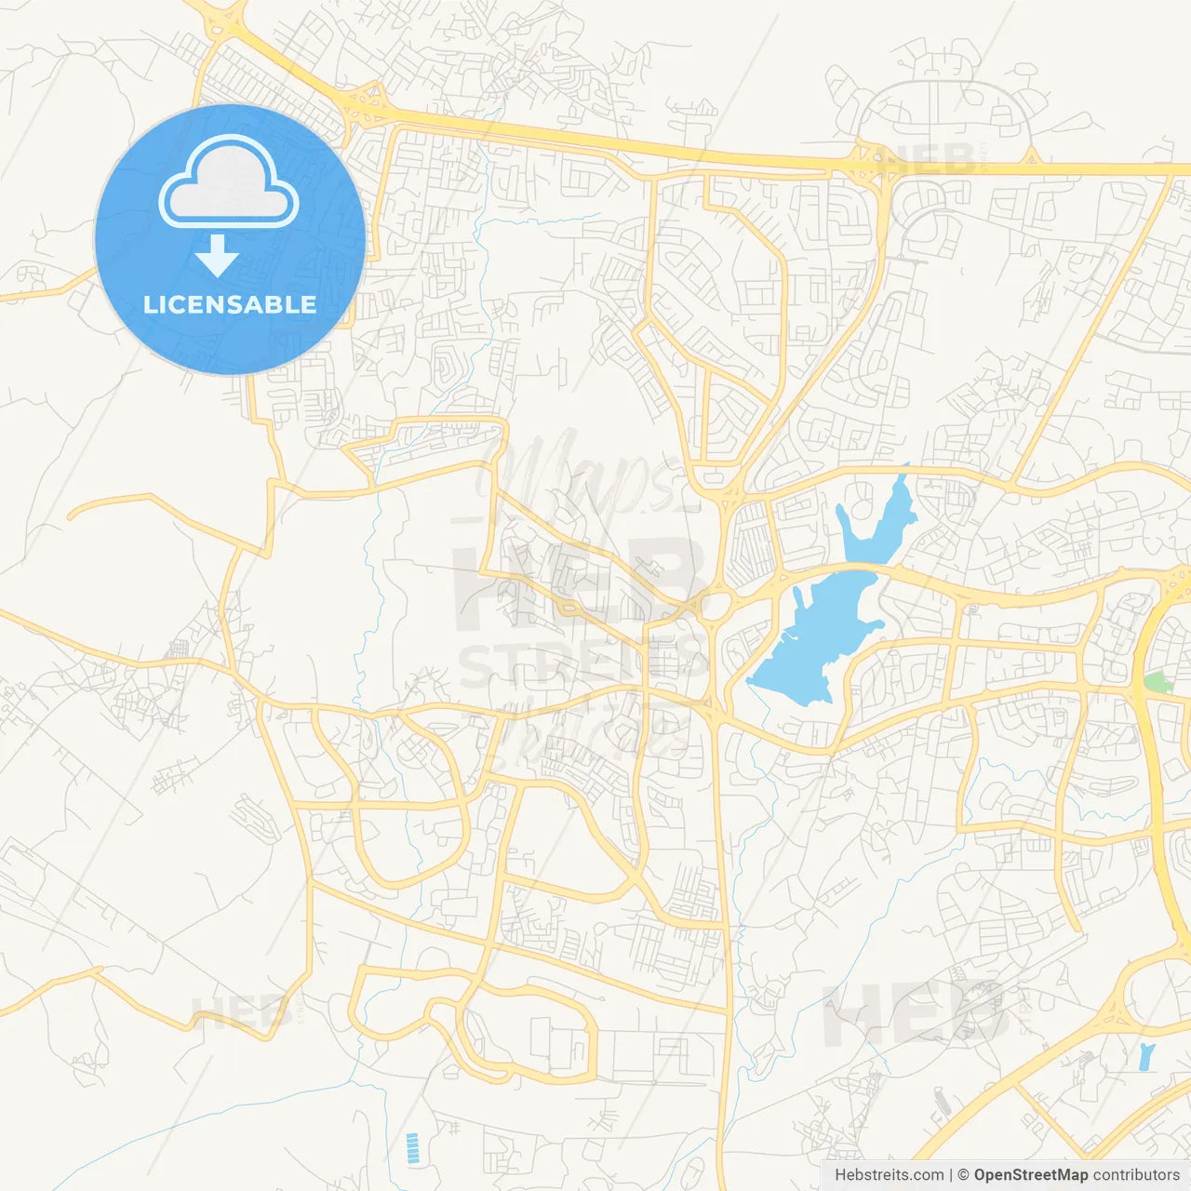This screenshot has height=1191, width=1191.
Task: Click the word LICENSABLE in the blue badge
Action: pyautogui.click(x=230, y=305)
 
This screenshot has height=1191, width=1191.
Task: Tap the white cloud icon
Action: pyautogui.click(x=229, y=182)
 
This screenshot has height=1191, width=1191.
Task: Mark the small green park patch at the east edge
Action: pyautogui.click(x=1157, y=682)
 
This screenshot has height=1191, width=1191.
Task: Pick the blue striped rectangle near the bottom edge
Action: pyautogui.click(x=412, y=1148)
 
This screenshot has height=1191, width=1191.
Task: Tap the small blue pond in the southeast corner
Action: pyautogui.click(x=1145, y=1056)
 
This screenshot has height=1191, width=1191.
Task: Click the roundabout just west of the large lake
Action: pyautogui.click(x=715, y=608)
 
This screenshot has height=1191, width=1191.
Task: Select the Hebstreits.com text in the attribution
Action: pyautogui.click(x=889, y=1175)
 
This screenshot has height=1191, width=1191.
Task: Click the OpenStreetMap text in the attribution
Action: pyautogui.click(x=1031, y=1175)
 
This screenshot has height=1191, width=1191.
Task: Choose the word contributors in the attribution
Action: pyautogui.click(x=1136, y=1175)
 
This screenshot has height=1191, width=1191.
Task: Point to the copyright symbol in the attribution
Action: pyautogui.click(x=964, y=1175)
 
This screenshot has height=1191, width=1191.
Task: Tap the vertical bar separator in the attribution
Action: pyautogui.click(x=952, y=1175)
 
